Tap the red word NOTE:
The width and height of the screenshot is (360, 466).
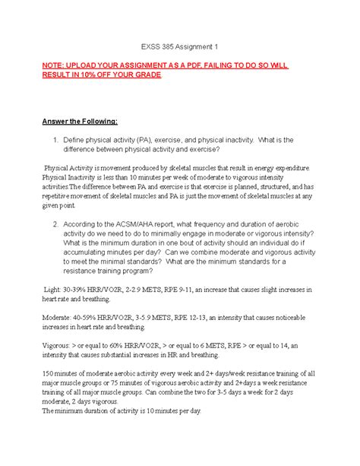(x=81, y=67)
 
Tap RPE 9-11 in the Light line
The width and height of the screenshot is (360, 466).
(x=210, y=291)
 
